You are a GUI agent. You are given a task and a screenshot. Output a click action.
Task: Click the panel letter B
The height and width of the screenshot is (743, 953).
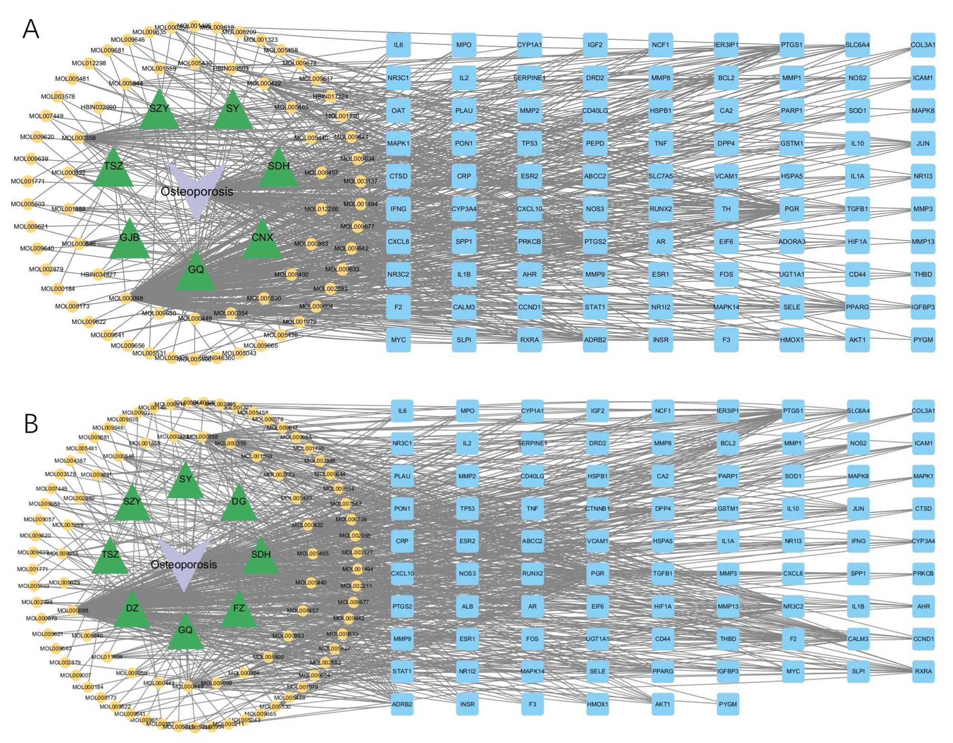(x=31, y=423)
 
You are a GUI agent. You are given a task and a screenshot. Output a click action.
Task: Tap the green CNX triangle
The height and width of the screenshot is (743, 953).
(x=262, y=241)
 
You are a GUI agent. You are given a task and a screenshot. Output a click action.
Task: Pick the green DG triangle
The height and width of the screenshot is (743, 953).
(x=239, y=504)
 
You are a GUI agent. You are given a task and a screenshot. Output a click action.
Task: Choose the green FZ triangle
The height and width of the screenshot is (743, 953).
(x=239, y=611)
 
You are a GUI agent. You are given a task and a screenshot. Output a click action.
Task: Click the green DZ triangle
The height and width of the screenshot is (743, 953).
(x=132, y=611)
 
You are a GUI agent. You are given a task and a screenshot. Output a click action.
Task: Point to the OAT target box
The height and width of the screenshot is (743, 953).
(x=398, y=111)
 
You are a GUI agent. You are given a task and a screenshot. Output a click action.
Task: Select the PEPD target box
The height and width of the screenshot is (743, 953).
(x=595, y=143)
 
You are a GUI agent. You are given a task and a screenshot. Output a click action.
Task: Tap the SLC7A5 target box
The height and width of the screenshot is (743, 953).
(x=660, y=176)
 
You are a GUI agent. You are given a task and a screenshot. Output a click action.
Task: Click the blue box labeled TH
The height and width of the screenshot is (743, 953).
(x=726, y=209)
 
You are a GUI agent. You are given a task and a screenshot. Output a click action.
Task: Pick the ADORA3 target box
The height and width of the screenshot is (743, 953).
(x=792, y=242)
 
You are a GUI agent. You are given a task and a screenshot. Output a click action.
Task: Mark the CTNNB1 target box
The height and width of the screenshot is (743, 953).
(x=598, y=509)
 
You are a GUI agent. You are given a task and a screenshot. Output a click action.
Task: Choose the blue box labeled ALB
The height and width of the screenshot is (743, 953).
(x=467, y=606)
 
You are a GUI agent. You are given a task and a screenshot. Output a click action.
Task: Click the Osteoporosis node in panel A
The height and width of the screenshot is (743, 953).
(x=197, y=191)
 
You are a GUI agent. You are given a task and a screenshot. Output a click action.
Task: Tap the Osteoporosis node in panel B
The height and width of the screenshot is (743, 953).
(x=184, y=564)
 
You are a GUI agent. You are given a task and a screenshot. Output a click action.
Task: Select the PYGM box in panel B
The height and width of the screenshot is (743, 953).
(x=728, y=704)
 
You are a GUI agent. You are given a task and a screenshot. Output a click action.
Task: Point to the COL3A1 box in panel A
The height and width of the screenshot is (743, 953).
(x=923, y=45)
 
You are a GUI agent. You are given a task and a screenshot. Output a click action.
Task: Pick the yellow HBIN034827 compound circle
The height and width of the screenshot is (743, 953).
(x=98, y=275)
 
